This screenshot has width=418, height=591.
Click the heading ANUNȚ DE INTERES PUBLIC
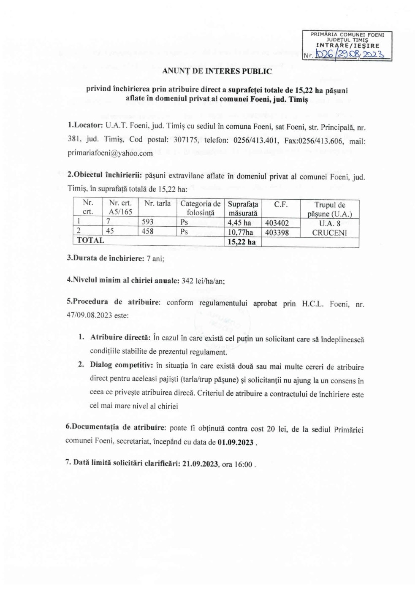[217, 71]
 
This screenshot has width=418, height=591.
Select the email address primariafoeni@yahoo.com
[110, 153]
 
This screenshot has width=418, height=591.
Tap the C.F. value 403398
[277, 232]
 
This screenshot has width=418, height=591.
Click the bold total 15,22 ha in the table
[242, 242]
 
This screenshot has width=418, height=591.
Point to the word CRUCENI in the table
[329, 233]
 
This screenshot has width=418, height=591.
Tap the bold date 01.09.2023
[236, 442]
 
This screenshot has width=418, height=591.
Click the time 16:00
[244, 464]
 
